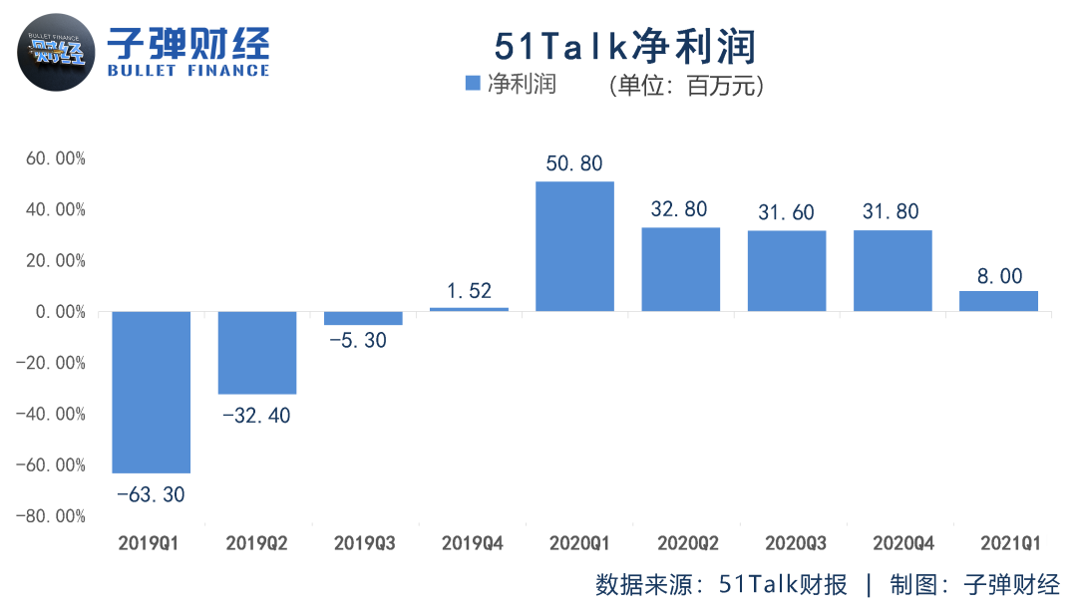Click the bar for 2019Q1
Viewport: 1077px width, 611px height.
(x=151, y=392)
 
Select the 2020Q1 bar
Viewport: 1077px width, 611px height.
(x=574, y=246)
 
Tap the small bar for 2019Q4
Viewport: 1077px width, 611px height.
(x=469, y=309)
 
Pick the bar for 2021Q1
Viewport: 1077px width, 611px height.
(x=998, y=301)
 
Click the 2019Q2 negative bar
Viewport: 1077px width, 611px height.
(x=257, y=353)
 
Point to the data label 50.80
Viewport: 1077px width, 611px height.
(x=574, y=163)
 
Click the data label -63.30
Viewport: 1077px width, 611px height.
(x=151, y=493)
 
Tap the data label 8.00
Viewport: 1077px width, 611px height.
(x=998, y=275)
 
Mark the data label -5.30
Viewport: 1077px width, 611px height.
(x=363, y=341)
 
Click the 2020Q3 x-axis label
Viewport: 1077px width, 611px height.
(x=795, y=544)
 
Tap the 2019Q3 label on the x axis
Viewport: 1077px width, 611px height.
(x=364, y=544)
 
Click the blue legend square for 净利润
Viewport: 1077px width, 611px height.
(x=473, y=85)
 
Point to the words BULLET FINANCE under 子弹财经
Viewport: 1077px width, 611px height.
(x=188, y=71)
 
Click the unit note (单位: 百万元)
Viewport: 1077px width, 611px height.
(x=686, y=86)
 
